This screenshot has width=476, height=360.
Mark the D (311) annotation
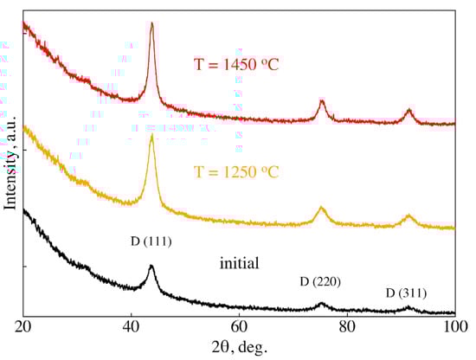[x=406, y=292]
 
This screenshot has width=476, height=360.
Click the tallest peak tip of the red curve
[x=152, y=23]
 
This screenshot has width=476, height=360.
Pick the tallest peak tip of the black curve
[x=151, y=266]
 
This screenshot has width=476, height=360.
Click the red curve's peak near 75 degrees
[x=322, y=101]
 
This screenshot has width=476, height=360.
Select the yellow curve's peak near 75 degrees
[x=322, y=208]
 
